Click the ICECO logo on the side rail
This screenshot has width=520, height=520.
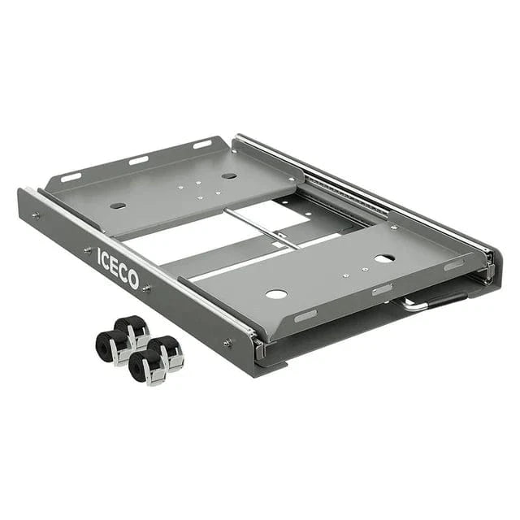118,267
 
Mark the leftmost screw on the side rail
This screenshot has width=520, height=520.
36,216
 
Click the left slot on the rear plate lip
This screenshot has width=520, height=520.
71,176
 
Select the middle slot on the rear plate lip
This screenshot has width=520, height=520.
138,159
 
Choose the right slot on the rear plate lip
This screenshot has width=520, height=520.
201,145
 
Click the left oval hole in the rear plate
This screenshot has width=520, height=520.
118,206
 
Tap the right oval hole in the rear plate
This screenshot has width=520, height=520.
229,175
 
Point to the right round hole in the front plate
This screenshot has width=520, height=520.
384,258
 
